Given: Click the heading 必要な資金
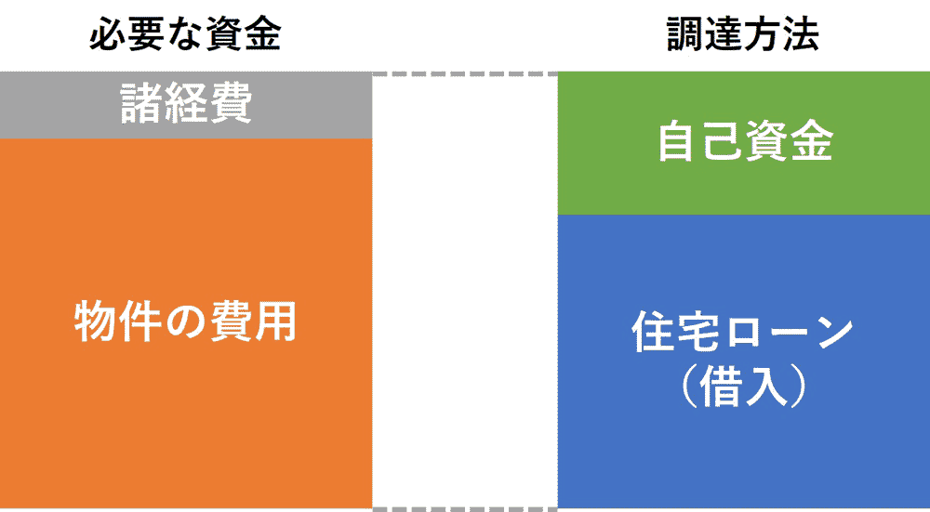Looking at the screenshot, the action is point(186,35).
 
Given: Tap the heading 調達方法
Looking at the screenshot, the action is point(743,35).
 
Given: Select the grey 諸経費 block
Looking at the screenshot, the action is point(186,105).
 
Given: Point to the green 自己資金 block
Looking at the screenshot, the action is point(744,143).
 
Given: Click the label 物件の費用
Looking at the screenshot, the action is point(186,322).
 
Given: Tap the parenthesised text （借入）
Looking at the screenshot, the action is point(742,388).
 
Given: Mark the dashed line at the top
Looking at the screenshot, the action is point(465,74).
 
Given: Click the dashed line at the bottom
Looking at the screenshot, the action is point(465,509).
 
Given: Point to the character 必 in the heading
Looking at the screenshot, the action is point(107,35).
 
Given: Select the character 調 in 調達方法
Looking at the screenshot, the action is point(685,35).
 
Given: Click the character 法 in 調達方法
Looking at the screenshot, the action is point(802,35).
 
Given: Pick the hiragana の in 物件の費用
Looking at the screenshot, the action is point(186,323).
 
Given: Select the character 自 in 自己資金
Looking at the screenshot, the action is point(679,143).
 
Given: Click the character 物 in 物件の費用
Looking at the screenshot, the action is point(96,323).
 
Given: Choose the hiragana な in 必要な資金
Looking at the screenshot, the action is point(186,35).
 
